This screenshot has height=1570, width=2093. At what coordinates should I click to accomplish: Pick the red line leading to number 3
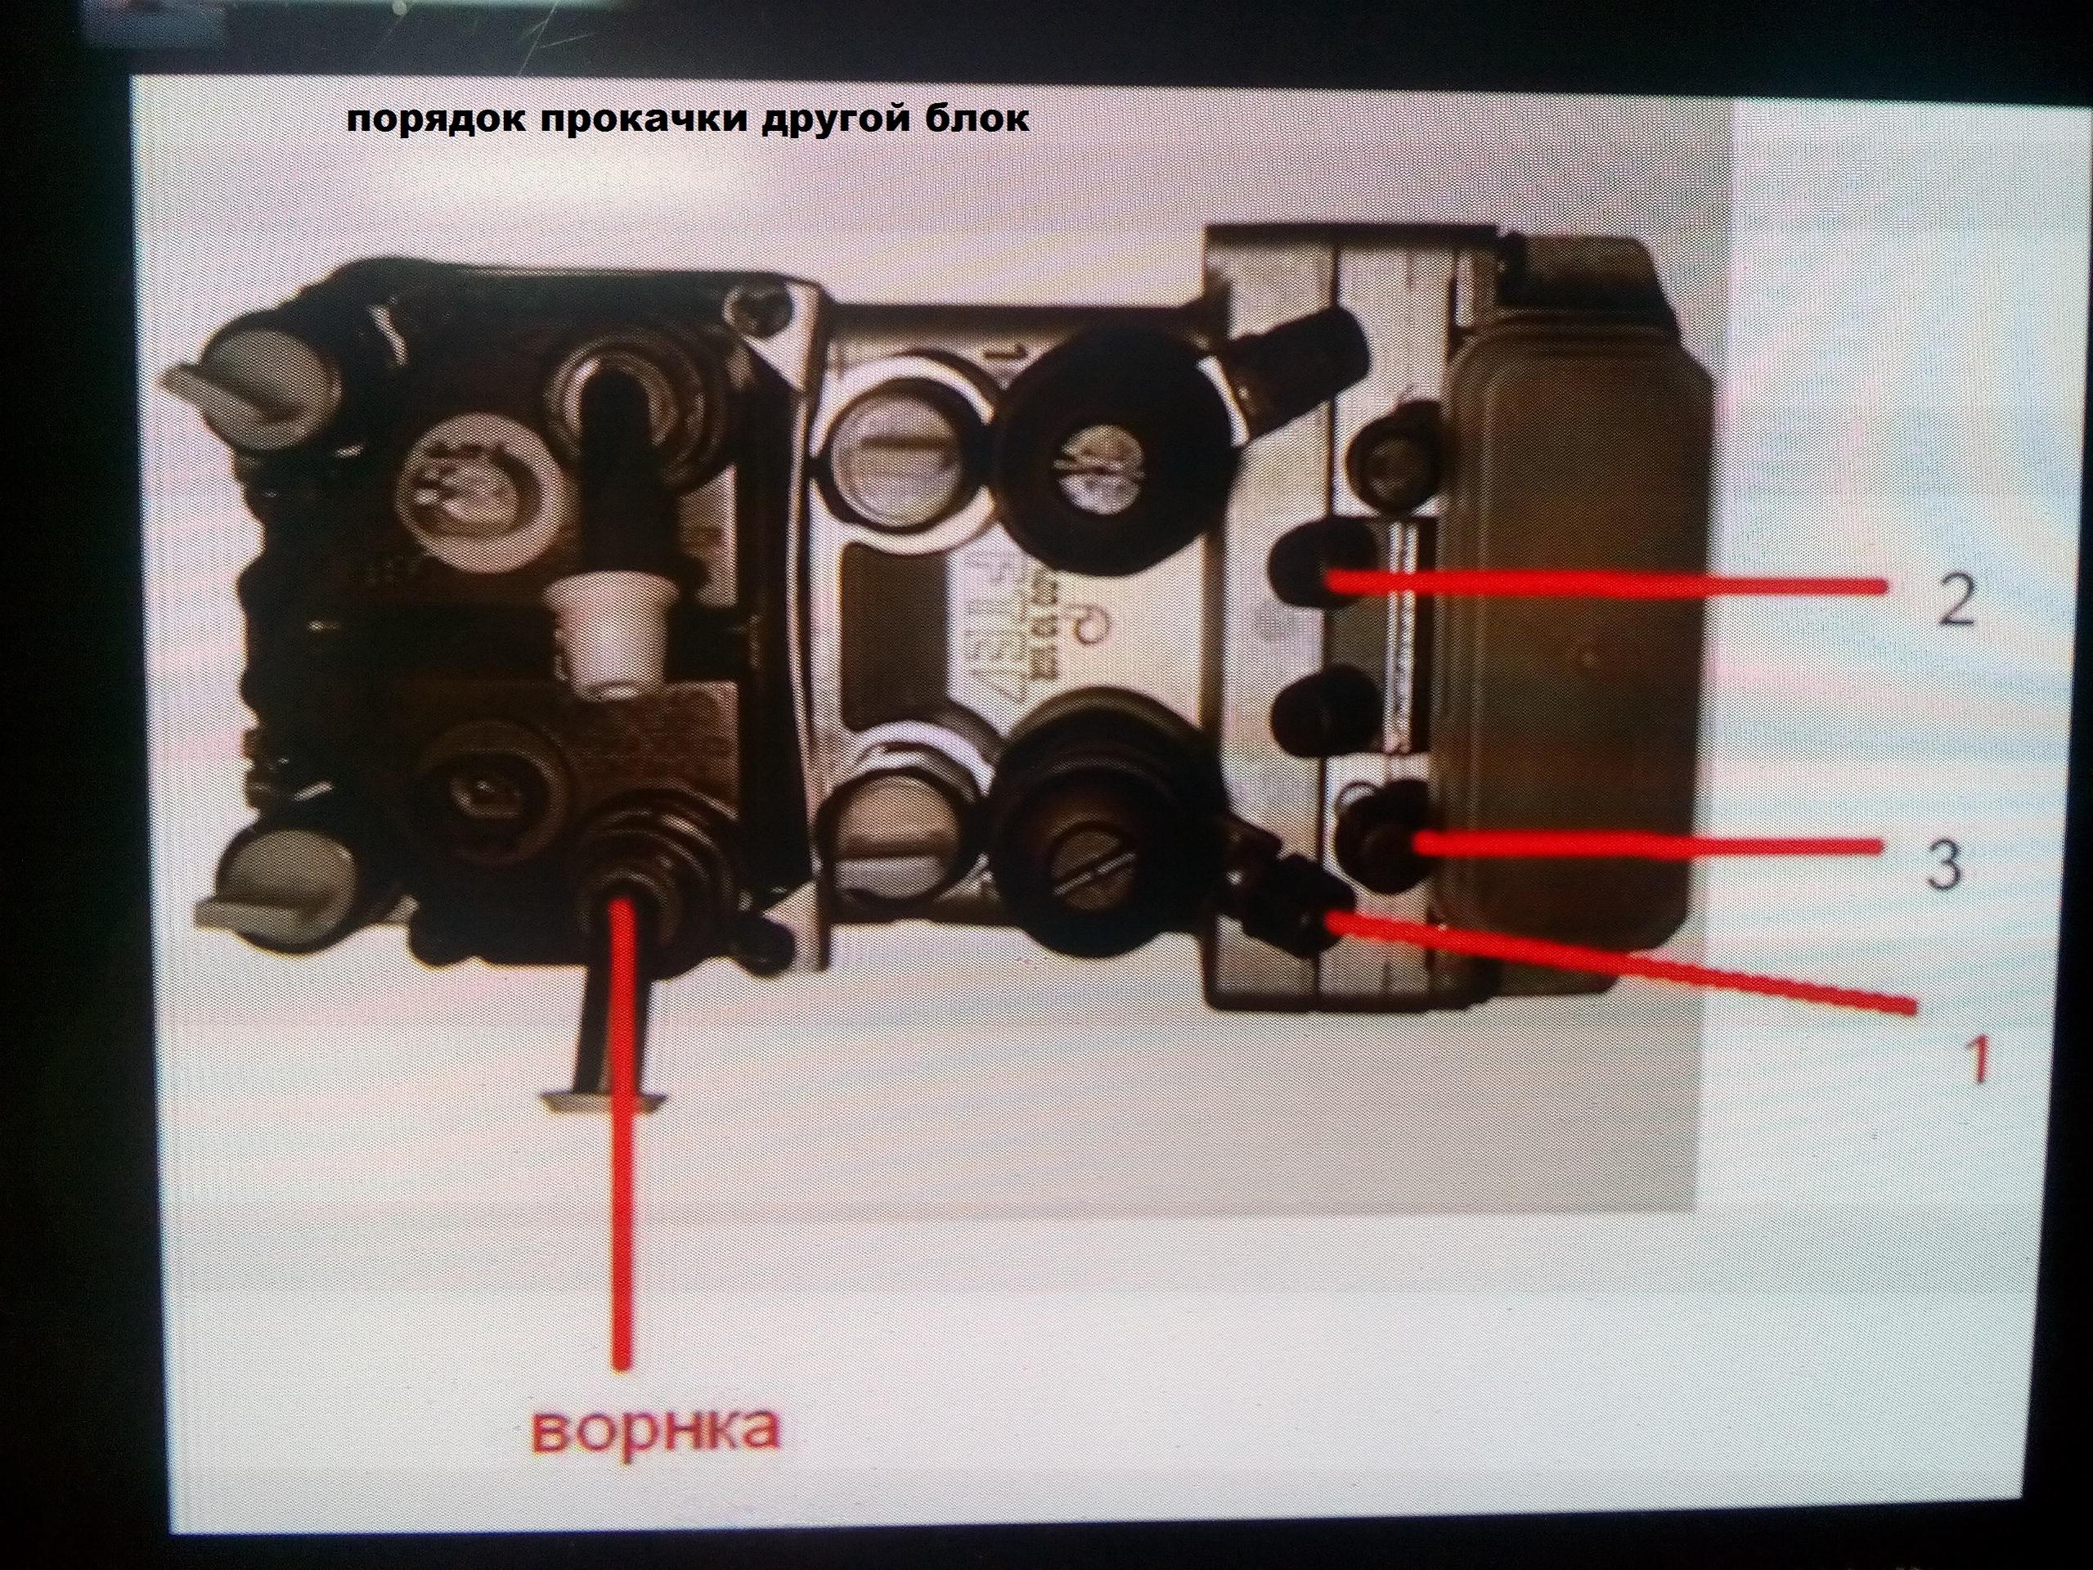coord(1647,845)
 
